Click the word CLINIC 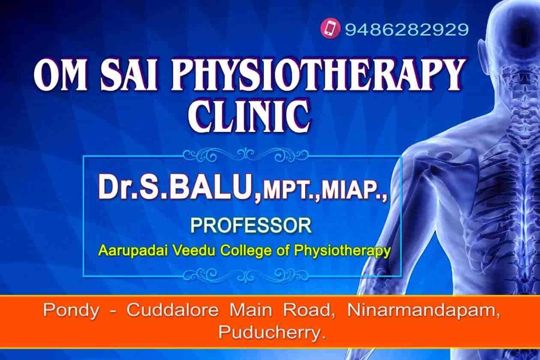251,115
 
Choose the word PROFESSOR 251,225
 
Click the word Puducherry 270,332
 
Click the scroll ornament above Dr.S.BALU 242,154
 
